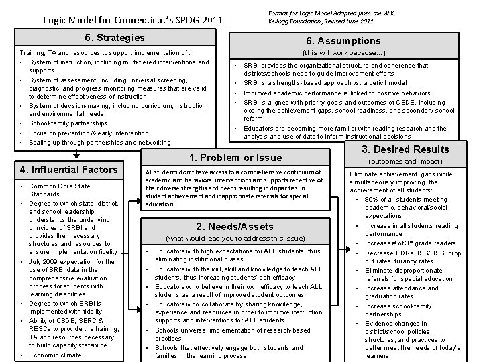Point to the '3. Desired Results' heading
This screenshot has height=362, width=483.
(405, 149)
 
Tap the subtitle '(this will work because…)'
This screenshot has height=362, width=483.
(344, 52)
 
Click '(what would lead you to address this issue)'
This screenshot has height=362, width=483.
(234, 238)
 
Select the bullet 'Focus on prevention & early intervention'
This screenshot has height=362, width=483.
(89, 133)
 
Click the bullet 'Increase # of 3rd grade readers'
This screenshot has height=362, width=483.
(411, 243)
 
